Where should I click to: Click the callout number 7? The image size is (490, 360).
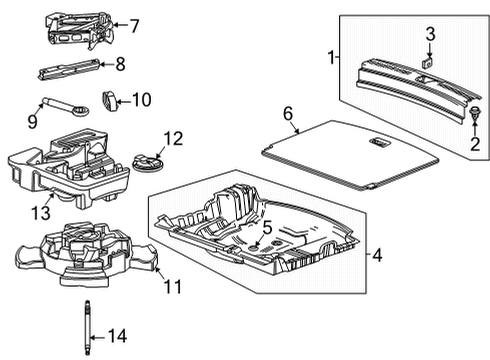coord(135,24)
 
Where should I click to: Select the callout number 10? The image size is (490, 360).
coord(140,99)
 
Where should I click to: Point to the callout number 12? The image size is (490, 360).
coord(173,139)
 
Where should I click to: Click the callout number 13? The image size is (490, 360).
coord(40,211)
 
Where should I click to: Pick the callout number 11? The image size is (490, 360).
coord(172,287)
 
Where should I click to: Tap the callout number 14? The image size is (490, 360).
coord(117,336)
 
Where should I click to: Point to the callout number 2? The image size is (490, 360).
coord(475,144)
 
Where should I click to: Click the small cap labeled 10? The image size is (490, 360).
coord(109,99)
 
